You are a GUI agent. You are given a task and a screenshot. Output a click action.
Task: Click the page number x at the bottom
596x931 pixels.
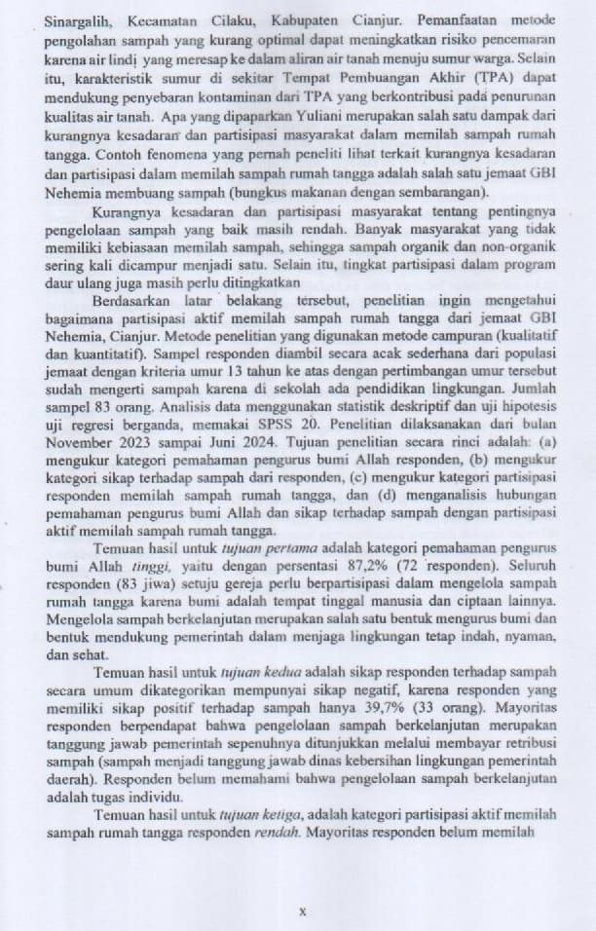tap(302, 912)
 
